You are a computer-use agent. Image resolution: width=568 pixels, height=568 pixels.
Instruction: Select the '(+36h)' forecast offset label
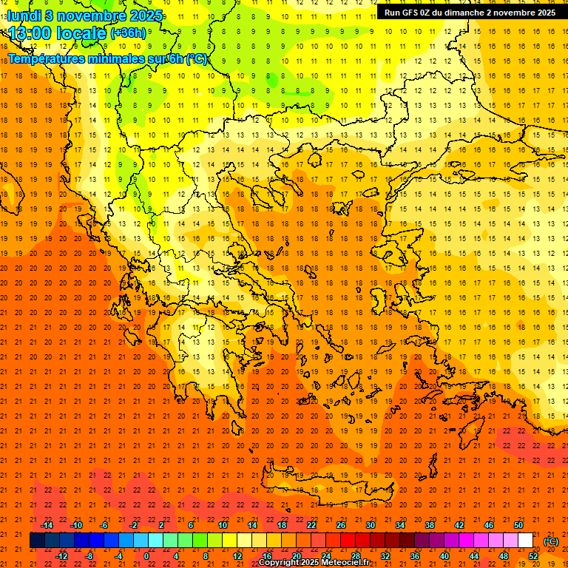coord(129,33)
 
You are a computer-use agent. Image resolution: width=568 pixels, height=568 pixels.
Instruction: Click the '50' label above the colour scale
coord(518,525)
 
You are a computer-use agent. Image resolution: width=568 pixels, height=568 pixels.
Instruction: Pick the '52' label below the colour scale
coord(532,556)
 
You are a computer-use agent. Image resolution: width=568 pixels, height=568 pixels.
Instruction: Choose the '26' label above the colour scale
coord(340,525)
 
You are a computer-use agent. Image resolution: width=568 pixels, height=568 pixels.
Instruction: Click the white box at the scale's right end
coord(525,541)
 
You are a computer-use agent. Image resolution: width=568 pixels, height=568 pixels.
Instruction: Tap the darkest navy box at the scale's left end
coord(37,541)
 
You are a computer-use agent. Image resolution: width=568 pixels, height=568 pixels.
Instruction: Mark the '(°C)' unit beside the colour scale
coord(550,541)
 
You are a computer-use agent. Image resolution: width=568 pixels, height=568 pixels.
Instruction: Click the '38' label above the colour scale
coord(429,525)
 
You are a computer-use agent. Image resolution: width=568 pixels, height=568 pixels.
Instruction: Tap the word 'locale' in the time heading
coord(82,33)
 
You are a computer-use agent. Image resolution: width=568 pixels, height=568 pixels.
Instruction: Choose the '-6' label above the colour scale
coord(104,525)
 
